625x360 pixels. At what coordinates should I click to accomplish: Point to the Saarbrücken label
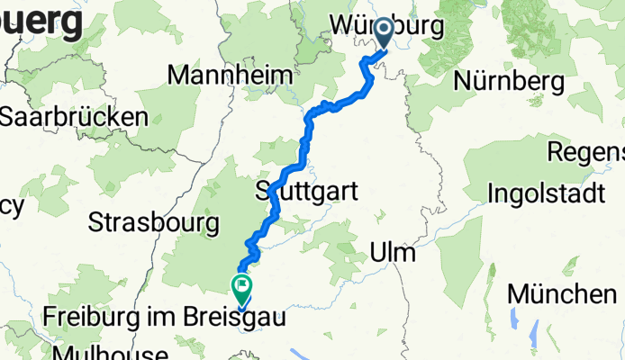74,117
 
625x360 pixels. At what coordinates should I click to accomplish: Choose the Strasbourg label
155,221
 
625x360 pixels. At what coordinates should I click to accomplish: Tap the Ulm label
393,254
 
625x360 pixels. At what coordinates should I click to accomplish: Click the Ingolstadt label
548,193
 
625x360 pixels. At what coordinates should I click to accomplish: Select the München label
560,294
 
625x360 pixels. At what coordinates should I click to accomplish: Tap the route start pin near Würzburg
384,34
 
